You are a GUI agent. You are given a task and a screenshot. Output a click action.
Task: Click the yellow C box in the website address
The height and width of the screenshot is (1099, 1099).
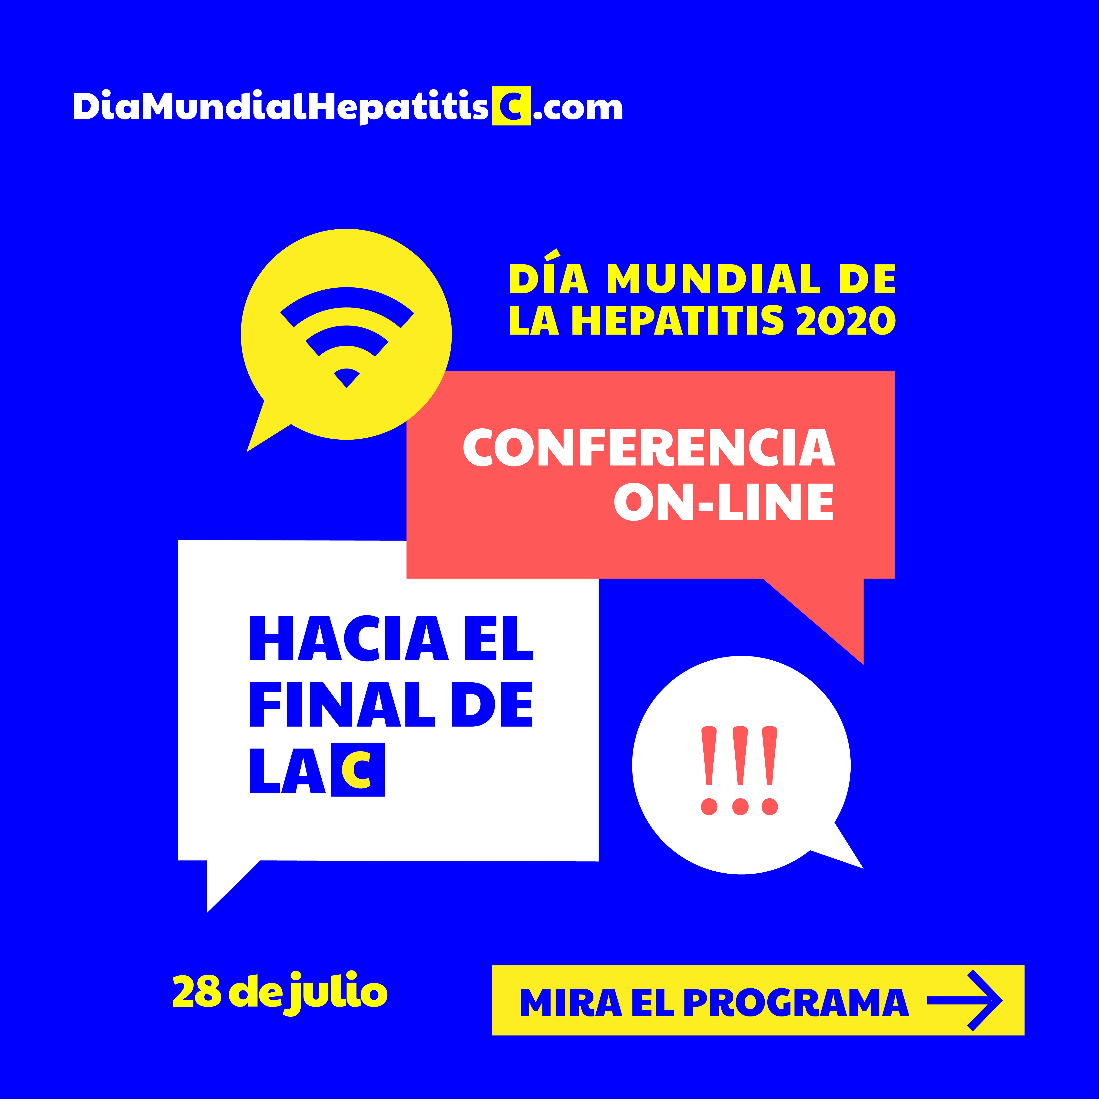pos(511,106)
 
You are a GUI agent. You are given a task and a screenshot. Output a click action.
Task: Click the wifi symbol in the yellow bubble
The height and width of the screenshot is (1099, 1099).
pos(347,337)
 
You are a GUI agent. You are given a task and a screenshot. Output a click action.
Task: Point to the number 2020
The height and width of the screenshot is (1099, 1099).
pos(846,320)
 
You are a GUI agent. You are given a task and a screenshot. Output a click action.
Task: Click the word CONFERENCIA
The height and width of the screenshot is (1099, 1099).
pos(649,447)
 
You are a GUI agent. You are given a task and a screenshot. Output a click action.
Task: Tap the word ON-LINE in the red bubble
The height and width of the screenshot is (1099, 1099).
pos(724,502)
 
